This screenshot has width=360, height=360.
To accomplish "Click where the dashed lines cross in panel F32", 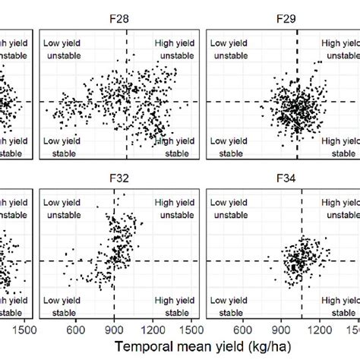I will click(114, 261).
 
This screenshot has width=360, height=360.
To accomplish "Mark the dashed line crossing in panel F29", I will click(297, 102).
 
